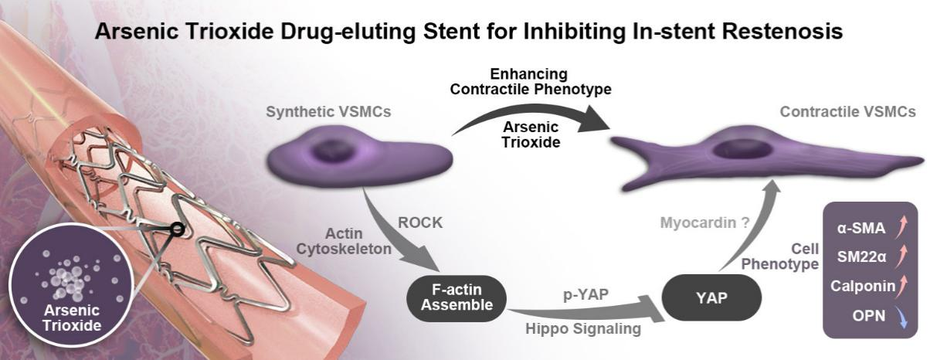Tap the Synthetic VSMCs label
click(328, 112)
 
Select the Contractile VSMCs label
click(848, 112)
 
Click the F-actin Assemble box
click(457, 297)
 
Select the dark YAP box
click(711, 297)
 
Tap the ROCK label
click(420, 222)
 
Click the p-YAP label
click(586, 294)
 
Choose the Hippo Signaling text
click(583, 328)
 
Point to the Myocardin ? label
click(704, 222)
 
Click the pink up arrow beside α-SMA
click(901, 226)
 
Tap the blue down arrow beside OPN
click(901, 317)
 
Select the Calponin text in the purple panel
click(863, 286)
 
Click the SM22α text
click(861, 256)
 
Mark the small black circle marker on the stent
click(178, 229)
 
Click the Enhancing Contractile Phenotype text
click(531, 82)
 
